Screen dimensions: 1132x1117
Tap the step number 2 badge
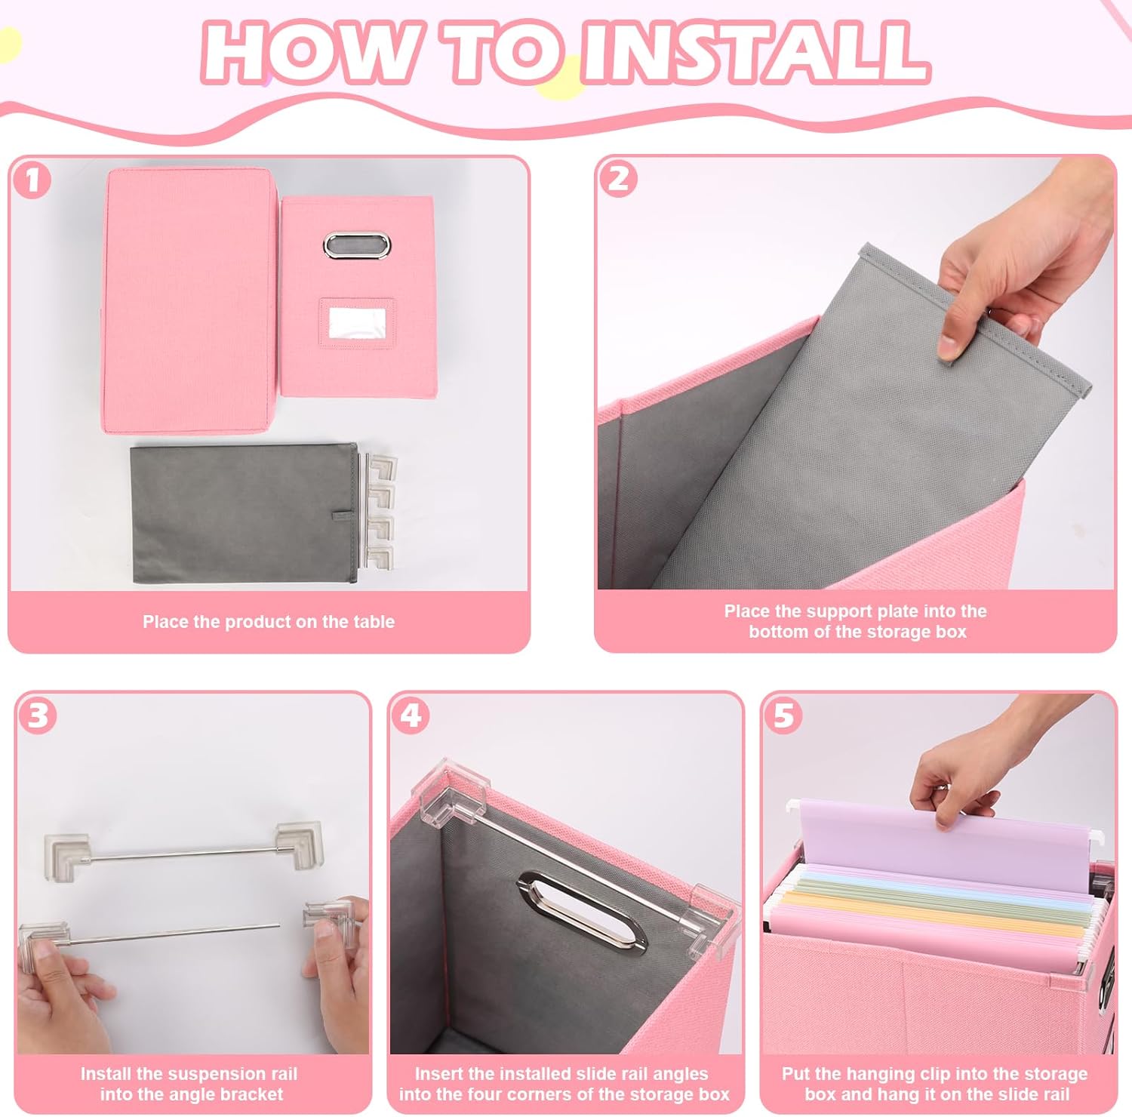click(618, 179)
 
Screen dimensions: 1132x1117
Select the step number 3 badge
click(38, 715)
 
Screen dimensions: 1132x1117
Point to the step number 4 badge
click(411, 715)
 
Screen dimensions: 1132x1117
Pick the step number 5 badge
click(783, 715)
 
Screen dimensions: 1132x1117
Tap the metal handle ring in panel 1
click(358, 245)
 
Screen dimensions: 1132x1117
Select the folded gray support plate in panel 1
click(245, 512)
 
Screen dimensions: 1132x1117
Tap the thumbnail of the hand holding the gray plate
click(855, 373)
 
